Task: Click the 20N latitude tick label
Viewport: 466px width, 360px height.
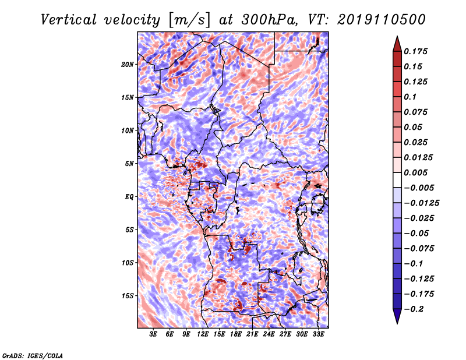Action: pyautogui.click(x=128, y=65)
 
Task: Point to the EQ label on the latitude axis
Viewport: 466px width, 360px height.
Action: pyautogui.click(x=129, y=197)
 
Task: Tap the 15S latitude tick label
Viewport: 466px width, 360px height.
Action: pyautogui.click(x=128, y=296)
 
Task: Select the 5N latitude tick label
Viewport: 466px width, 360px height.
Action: pyautogui.click(x=129, y=164)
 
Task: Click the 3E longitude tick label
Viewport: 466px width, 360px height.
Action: pyautogui.click(x=153, y=334)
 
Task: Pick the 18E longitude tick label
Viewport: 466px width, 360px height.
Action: pyautogui.click(x=236, y=334)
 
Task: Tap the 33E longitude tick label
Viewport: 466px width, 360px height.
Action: pyautogui.click(x=318, y=334)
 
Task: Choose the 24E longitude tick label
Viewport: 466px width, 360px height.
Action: pyautogui.click(x=269, y=334)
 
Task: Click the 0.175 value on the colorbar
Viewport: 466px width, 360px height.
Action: pyautogui.click(x=415, y=51)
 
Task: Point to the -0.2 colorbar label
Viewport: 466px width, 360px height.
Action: pyautogui.click(x=414, y=309)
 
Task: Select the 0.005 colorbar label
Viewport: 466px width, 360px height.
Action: pyautogui.click(x=415, y=172)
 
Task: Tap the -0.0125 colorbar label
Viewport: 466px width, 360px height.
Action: pyautogui.click(x=421, y=203)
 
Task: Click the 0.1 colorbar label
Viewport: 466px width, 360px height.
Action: pyautogui.click(x=410, y=97)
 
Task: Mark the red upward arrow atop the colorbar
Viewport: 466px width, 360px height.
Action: pyautogui.click(x=397, y=44)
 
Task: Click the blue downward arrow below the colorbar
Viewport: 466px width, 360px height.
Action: pyautogui.click(x=397, y=316)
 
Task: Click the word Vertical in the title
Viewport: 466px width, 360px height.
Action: pyautogui.click(x=69, y=20)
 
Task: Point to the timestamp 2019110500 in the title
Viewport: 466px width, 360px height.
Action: pyautogui.click(x=382, y=20)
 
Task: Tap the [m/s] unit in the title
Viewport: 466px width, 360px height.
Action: pyautogui.click(x=190, y=20)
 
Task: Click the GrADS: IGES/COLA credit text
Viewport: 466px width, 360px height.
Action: pyautogui.click(x=33, y=355)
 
